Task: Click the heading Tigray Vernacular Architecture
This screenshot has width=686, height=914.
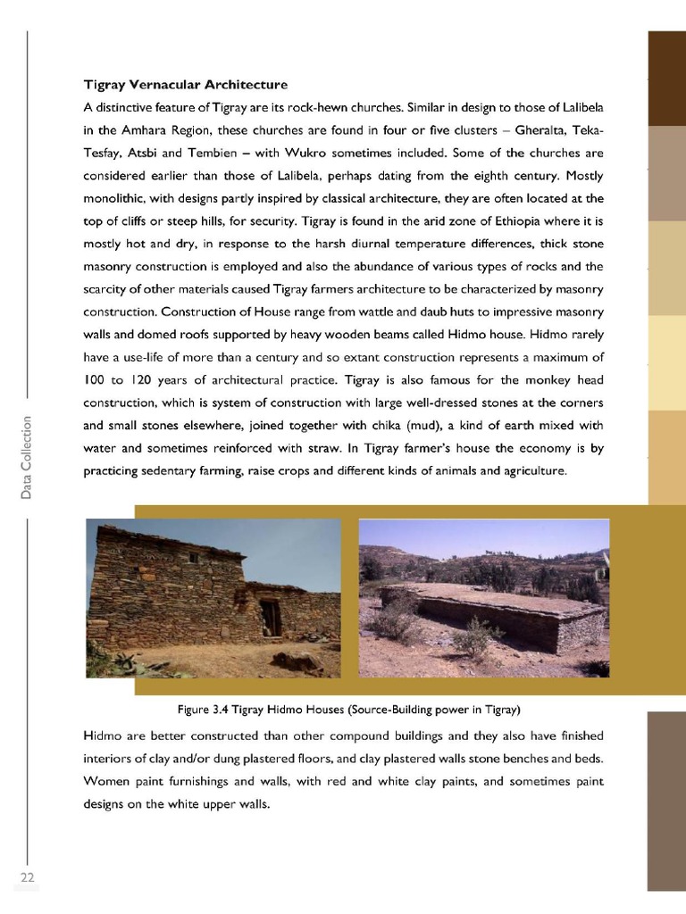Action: tap(185, 86)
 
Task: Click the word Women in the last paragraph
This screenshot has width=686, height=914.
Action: tap(109, 782)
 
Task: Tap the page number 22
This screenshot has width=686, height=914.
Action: tap(27, 879)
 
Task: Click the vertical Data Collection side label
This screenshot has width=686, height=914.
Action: tap(28, 457)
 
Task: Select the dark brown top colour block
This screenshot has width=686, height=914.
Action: tap(665, 78)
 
